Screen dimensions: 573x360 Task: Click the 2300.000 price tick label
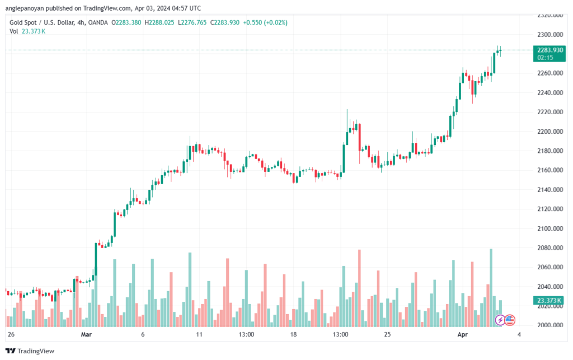tap(550, 35)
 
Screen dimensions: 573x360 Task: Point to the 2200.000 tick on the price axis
tap(550, 132)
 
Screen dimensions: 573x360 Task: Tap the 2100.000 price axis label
tap(550, 229)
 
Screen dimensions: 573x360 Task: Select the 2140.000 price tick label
tap(550, 190)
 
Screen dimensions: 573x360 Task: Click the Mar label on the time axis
tap(86, 334)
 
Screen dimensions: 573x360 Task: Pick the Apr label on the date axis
tap(463, 334)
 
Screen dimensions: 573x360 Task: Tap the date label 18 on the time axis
tap(293, 334)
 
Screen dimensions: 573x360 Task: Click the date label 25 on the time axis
tap(387, 334)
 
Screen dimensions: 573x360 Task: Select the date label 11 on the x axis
tap(199, 334)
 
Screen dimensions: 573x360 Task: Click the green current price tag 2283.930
tap(549, 54)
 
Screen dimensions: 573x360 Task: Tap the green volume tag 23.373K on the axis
tap(549, 301)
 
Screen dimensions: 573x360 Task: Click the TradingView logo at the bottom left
tap(30, 351)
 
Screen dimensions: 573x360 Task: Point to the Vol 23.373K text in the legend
tap(27, 31)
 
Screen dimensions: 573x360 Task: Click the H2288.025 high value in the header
tap(159, 22)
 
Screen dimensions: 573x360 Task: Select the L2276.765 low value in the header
tap(192, 22)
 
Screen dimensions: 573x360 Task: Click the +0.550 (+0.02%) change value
tap(265, 22)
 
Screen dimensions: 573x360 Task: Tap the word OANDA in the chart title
tap(98, 22)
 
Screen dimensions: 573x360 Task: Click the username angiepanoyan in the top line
tap(25, 8)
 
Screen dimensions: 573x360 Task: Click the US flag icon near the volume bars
tap(510, 320)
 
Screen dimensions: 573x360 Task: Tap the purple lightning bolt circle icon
tap(500, 320)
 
